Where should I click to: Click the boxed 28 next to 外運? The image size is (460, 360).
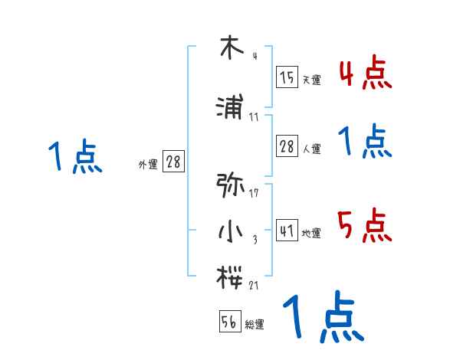(x=174, y=162)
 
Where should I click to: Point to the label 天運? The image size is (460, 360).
(x=311, y=80)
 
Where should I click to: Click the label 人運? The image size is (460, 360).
(x=311, y=149)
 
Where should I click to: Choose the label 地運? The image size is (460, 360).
(x=311, y=233)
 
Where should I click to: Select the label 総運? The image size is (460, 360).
(x=255, y=325)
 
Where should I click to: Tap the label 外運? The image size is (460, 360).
(x=148, y=164)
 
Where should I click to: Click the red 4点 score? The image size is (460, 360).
(x=365, y=74)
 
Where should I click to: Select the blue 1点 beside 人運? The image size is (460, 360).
(x=365, y=142)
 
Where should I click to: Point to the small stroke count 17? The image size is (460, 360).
(x=254, y=193)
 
